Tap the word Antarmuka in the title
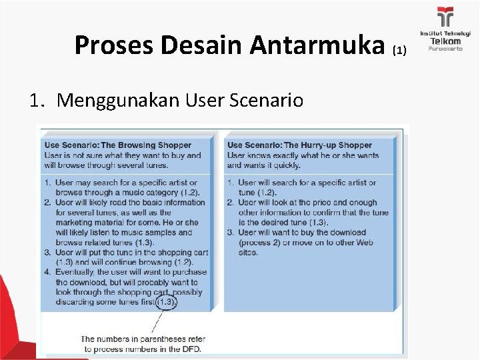point(319,45)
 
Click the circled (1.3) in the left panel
point(167,302)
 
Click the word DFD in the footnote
point(191,349)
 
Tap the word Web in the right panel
point(366,243)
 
